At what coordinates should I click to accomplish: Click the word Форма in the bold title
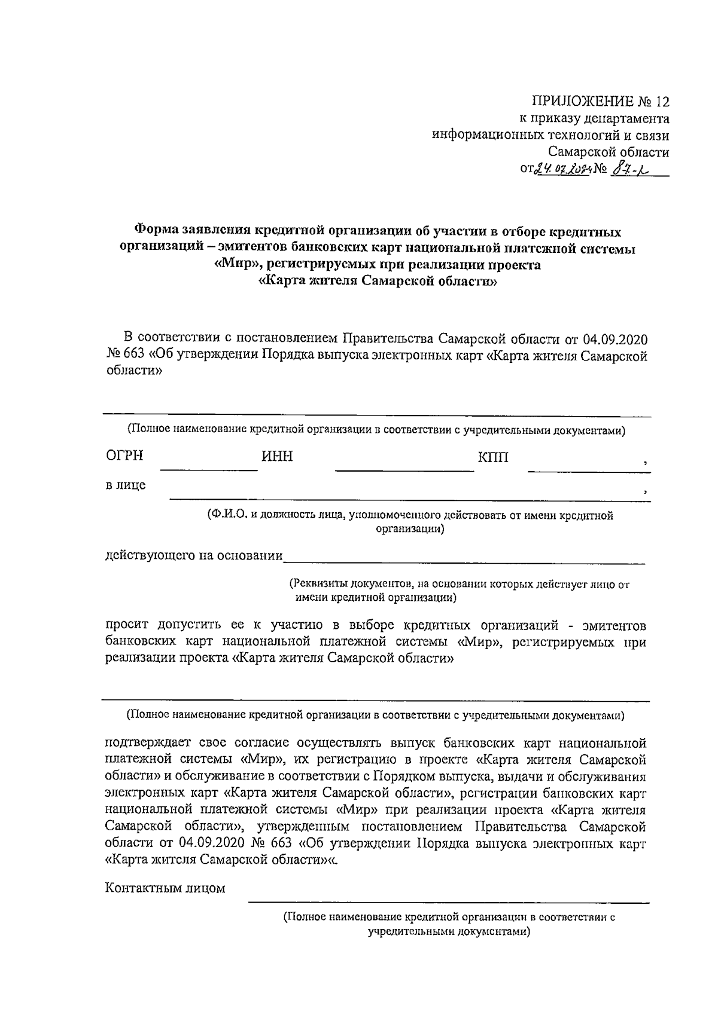(x=155, y=230)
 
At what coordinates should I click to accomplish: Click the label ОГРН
(x=124, y=456)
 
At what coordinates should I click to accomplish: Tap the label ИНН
(x=277, y=457)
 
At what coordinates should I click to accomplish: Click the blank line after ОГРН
(x=209, y=468)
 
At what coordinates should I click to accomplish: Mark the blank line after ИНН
(x=404, y=469)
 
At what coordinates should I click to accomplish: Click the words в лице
(x=126, y=485)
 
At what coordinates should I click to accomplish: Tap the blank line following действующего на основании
(x=464, y=561)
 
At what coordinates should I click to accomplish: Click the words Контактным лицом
(x=165, y=888)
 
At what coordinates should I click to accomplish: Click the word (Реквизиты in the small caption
(x=317, y=584)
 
